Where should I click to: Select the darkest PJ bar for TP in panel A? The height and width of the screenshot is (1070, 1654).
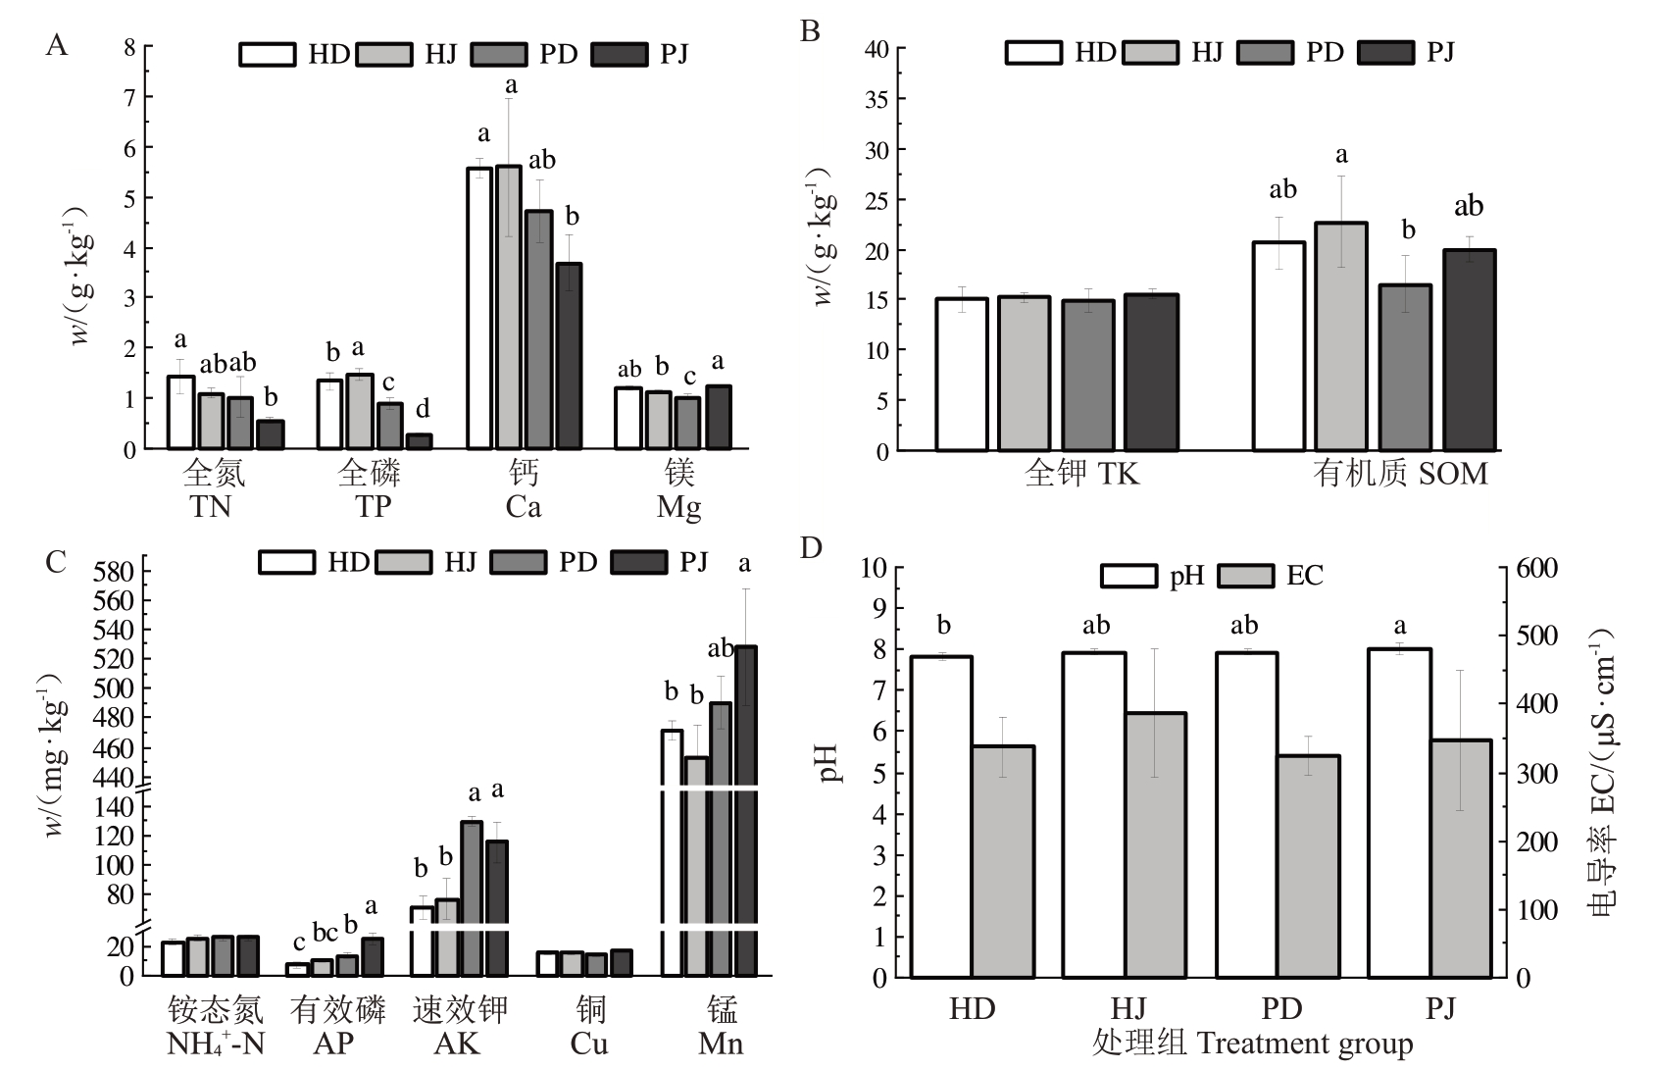pyautogui.click(x=420, y=441)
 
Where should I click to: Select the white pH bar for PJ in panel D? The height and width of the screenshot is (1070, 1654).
pyautogui.click(x=1399, y=813)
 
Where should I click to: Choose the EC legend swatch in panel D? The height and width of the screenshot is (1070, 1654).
pyautogui.click(x=1245, y=576)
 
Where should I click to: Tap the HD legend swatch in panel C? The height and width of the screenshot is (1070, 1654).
pyautogui.click(x=287, y=562)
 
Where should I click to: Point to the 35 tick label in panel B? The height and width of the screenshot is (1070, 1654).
pyautogui.click(x=877, y=99)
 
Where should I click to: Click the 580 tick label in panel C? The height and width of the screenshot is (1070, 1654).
pyautogui.click(x=114, y=571)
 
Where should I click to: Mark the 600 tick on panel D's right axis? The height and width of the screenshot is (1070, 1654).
pyautogui.click(x=1537, y=569)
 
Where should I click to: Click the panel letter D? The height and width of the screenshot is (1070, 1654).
pyautogui.click(x=810, y=547)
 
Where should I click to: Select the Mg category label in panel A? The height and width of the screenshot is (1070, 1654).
pyautogui.click(x=678, y=507)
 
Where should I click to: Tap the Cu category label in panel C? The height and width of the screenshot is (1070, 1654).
pyautogui.click(x=589, y=1043)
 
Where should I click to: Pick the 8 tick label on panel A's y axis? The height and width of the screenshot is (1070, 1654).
pyautogui.click(x=129, y=46)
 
